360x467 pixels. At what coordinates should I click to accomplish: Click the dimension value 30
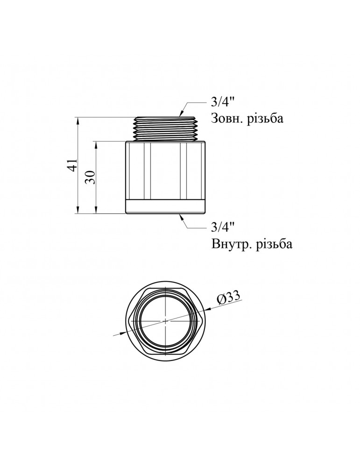[x=92, y=177]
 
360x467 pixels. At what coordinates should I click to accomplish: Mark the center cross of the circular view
[x=166, y=320]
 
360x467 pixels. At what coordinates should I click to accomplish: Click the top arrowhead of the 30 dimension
[x=96, y=143]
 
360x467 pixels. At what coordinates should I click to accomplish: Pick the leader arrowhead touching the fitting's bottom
[x=181, y=216]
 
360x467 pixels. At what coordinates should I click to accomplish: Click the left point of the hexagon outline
[x=128, y=320]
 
